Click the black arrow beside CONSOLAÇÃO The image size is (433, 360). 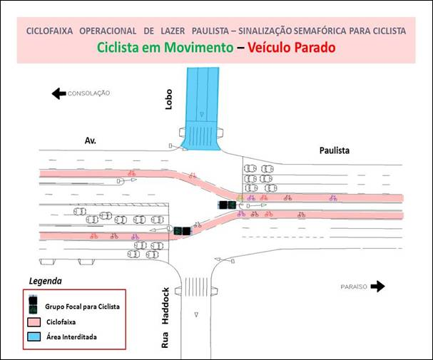[x=58, y=93]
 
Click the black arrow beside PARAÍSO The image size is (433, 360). [x=377, y=287]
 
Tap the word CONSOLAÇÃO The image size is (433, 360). [x=88, y=93]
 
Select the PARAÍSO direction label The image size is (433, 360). [x=354, y=287]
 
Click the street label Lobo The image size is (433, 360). [x=168, y=99]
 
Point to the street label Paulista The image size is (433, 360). [x=335, y=150]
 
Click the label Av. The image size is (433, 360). [x=91, y=140]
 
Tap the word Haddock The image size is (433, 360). [x=165, y=306]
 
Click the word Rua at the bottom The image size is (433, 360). [x=165, y=340]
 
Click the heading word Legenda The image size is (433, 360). [x=45, y=281]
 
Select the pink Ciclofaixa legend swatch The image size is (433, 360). [x=34, y=322]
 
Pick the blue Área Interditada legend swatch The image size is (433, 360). [x=34, y=336]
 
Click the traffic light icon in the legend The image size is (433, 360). [x=33, y=305]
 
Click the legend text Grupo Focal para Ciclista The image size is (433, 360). [x=82, y=307]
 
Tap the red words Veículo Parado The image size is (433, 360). [x=292, y=48]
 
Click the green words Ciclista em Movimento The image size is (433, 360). [x=165, y=48]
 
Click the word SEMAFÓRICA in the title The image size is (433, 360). [x=320, y=31]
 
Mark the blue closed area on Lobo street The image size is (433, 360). [x=202, y=109]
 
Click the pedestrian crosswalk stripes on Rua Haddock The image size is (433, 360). [x=196, y=287]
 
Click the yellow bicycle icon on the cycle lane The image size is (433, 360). [x=240, y=197]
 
